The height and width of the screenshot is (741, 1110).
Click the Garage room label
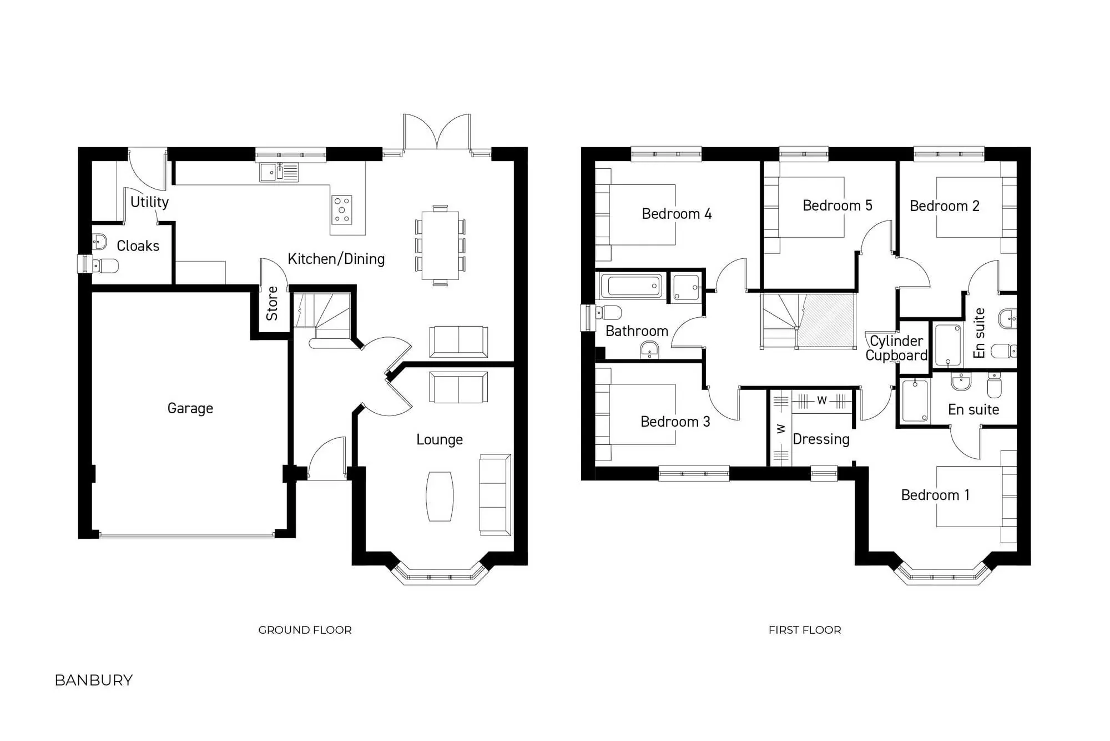tap(190, 408)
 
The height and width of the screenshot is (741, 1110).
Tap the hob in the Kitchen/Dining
tap(341, 210)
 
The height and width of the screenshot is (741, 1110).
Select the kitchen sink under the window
tap(279, 172)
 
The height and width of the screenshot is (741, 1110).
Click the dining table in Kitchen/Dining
tap(440, 245)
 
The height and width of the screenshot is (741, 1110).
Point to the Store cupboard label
tap(272, 304)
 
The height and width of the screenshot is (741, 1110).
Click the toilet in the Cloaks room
tap(105, 266)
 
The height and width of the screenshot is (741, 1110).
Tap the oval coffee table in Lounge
tap(440, 496)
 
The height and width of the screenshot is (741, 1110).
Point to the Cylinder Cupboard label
tap(896, 348)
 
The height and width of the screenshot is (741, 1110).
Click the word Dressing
tap(821, 439)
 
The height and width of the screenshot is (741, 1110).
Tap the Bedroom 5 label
tap(837, 206)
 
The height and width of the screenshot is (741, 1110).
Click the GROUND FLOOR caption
tap(305, 630)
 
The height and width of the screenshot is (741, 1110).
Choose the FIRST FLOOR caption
tap(805, 630)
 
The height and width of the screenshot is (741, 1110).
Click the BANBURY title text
tap(94, 680)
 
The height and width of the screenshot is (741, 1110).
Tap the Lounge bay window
tap(440, 575)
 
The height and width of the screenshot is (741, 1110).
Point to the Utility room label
tap(149, 202)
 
